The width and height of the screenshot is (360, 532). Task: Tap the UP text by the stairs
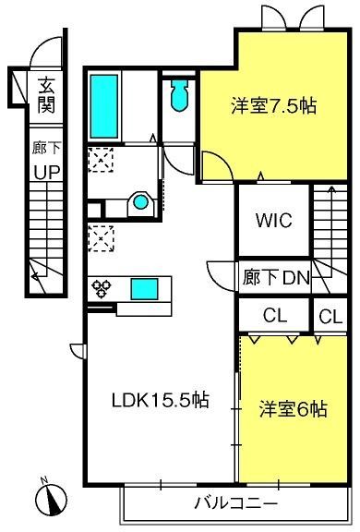(x=47, y=172)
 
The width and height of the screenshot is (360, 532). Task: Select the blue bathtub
(x=104, y=106)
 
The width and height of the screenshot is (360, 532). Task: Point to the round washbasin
(x=140, y=202)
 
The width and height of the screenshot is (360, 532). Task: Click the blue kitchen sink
(x=144, y=289)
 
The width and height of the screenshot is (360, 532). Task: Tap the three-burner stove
(x=101, y=288)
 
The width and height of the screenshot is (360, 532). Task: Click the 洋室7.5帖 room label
(x=274, y=105)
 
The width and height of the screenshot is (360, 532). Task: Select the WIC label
(x=274, y=220)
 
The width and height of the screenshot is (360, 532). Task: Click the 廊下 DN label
(x=276, y=277)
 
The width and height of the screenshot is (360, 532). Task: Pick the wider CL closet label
(x=275, y=316)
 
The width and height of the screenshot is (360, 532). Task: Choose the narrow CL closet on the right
(x=330, y=317)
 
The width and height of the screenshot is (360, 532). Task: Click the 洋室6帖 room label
(x=294, y=408)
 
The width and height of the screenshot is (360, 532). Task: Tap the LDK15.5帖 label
(x=161, y=400)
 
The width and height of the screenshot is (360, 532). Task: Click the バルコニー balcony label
(x=236, y=503)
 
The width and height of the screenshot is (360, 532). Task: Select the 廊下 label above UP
(x=46, y=148)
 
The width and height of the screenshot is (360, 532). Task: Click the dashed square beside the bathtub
(x=101, y=160)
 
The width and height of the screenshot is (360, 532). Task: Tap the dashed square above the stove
(x=101, y=238)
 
